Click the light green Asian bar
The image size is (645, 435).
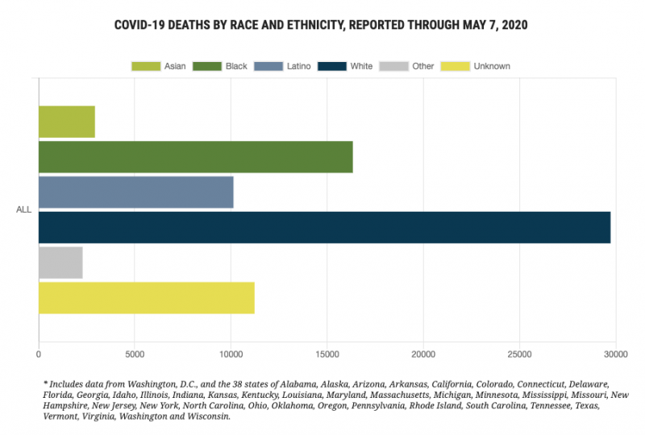(67, 122)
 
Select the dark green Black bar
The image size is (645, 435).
(196, 157)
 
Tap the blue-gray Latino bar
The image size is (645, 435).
(136, 193)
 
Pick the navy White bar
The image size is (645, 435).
(325, 227)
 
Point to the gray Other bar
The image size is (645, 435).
(61, 263)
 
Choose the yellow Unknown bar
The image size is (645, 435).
(147, 298)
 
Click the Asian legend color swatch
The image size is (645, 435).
(146, 66)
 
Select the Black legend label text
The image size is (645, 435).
(236, 66)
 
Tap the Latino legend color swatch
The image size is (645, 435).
(268, 66)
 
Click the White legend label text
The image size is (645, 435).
(361, 66)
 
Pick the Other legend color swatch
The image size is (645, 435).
(394, 66)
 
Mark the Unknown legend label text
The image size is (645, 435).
(492, 66)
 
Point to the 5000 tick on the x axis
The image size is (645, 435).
(135, 354)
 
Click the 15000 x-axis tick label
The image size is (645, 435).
(327, 354)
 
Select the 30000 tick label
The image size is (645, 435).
(616, 354)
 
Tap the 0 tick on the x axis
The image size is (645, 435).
(39, 354)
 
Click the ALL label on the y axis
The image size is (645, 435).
(24, 209)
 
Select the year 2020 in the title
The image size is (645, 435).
(514, 25)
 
